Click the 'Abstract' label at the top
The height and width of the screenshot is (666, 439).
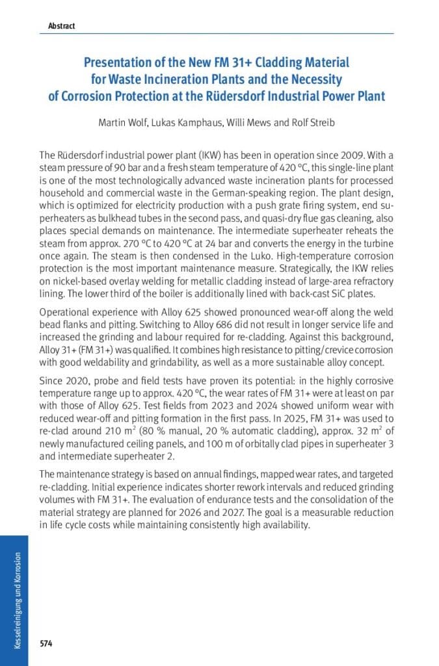coord(61,26)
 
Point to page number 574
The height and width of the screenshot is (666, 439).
coord(46,644)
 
